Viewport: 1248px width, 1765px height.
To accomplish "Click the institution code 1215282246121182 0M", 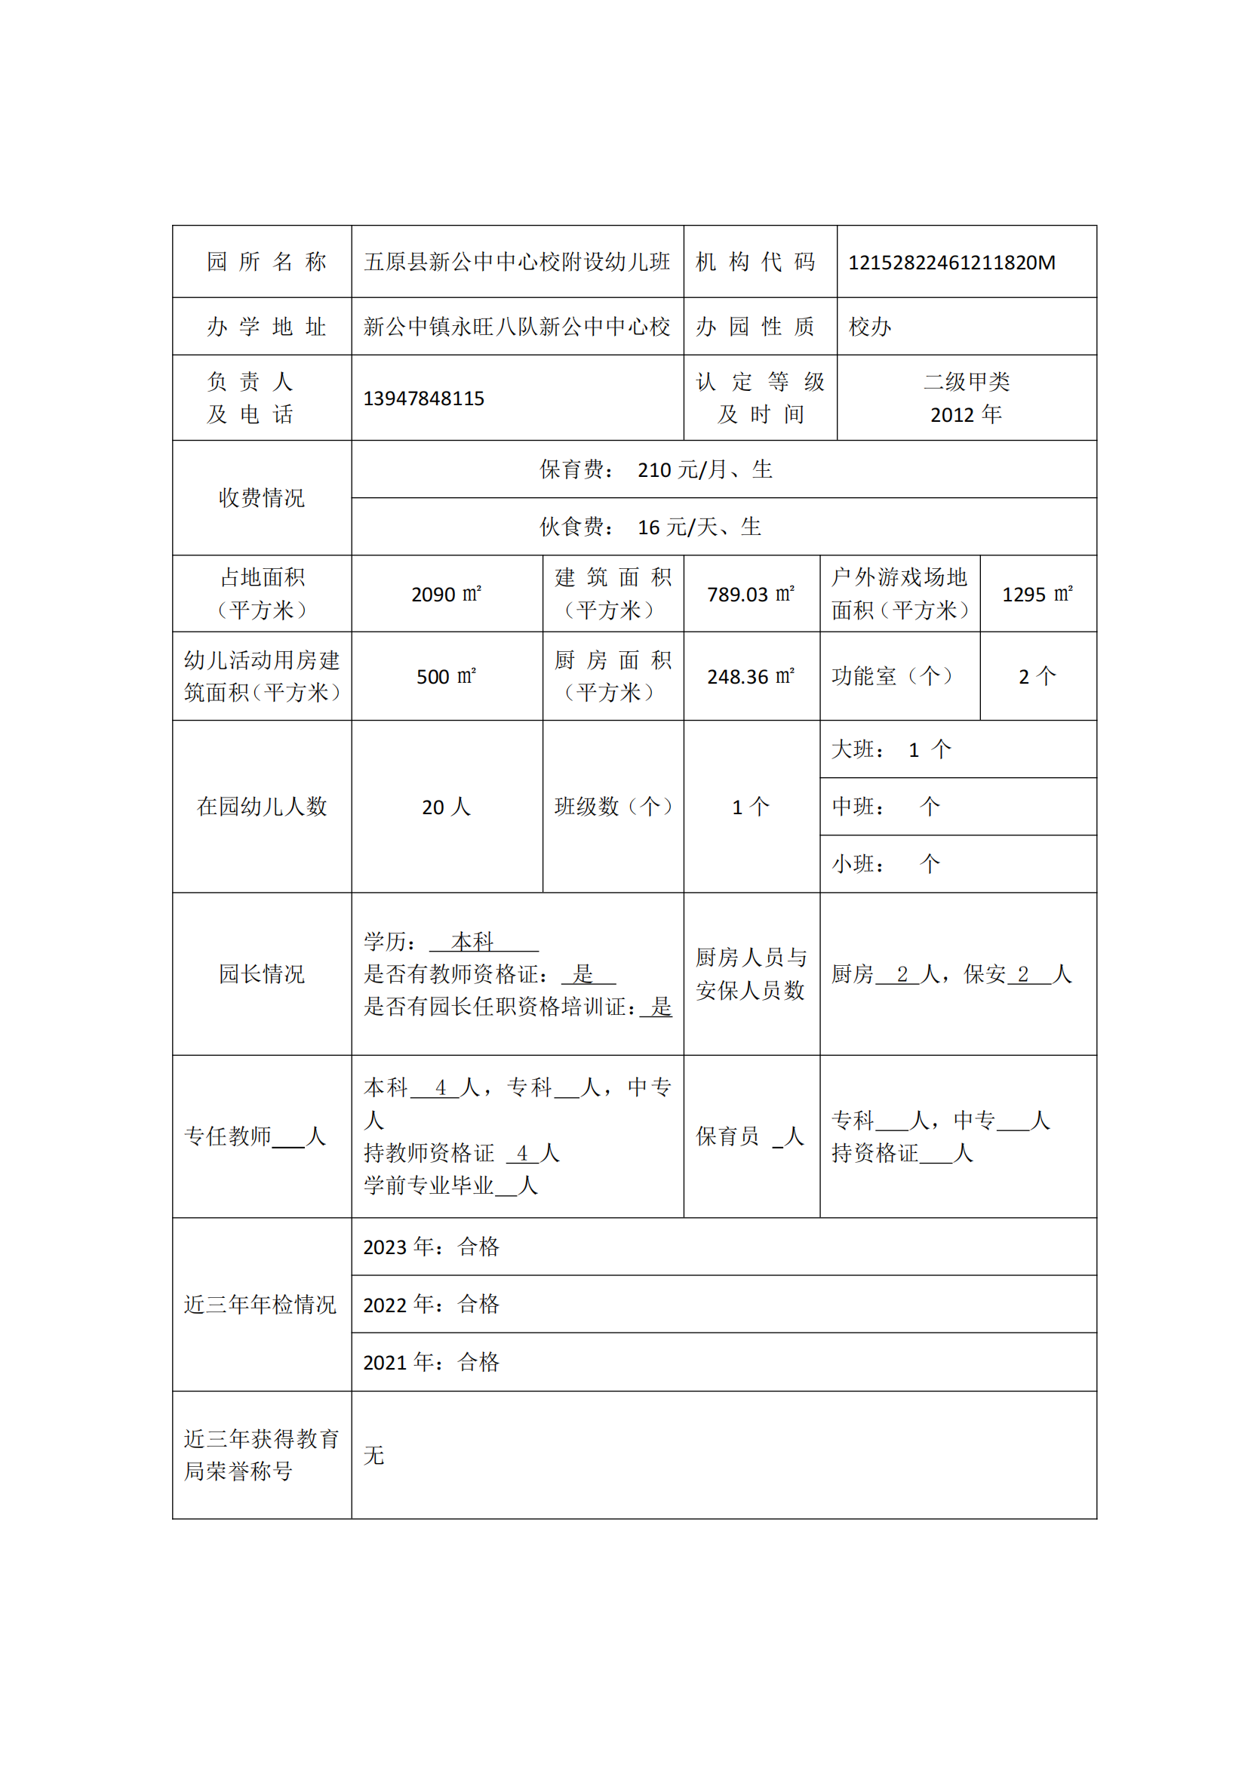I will point(951,263).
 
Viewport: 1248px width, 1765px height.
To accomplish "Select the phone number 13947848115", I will point(423,399).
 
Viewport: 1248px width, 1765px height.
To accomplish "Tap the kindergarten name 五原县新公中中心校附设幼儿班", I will point(516,262).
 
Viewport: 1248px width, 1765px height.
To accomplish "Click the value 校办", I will point(870,327).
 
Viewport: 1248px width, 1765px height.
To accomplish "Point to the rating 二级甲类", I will point(966,382).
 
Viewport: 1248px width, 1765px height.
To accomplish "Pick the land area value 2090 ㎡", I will point(446,594).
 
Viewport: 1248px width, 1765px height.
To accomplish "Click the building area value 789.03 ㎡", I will point(750,594).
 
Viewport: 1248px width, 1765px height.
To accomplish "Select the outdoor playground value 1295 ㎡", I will point(1037,594).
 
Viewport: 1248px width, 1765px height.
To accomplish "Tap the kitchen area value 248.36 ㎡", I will point(750,676).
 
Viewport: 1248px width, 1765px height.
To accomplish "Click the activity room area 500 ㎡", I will point(446,676).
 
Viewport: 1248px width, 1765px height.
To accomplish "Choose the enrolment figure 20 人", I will point(446,807).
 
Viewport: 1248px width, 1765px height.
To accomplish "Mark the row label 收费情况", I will point(261,498).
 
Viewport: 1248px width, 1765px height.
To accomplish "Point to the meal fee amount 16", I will point(649,527).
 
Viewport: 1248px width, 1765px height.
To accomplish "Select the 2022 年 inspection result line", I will point(431,1305).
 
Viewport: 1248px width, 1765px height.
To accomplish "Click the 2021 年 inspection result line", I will point(431,1362).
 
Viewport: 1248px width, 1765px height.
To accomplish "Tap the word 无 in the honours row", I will point(373,1455).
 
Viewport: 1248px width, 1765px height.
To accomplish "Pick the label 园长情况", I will point(261,974).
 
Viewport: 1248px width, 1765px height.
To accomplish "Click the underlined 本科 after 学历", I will point(472,941).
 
